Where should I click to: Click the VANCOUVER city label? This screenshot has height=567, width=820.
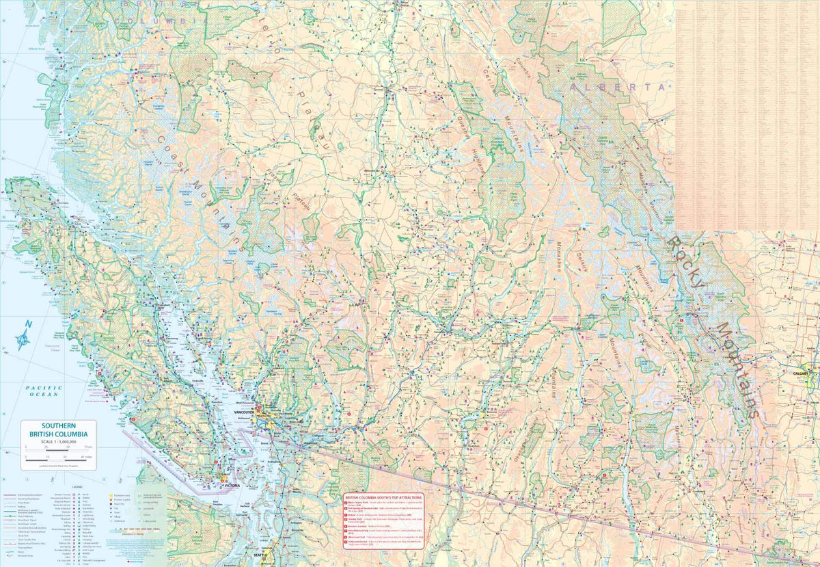coord(244,413)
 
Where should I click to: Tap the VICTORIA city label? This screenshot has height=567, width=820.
coord(231,486)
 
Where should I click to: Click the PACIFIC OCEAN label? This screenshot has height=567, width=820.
coord(44,391)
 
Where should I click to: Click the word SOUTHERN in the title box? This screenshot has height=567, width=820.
coord(57,425)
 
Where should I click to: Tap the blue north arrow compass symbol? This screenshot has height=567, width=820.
coord(25,336)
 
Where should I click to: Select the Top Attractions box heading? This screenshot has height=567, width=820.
coord(383,498)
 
